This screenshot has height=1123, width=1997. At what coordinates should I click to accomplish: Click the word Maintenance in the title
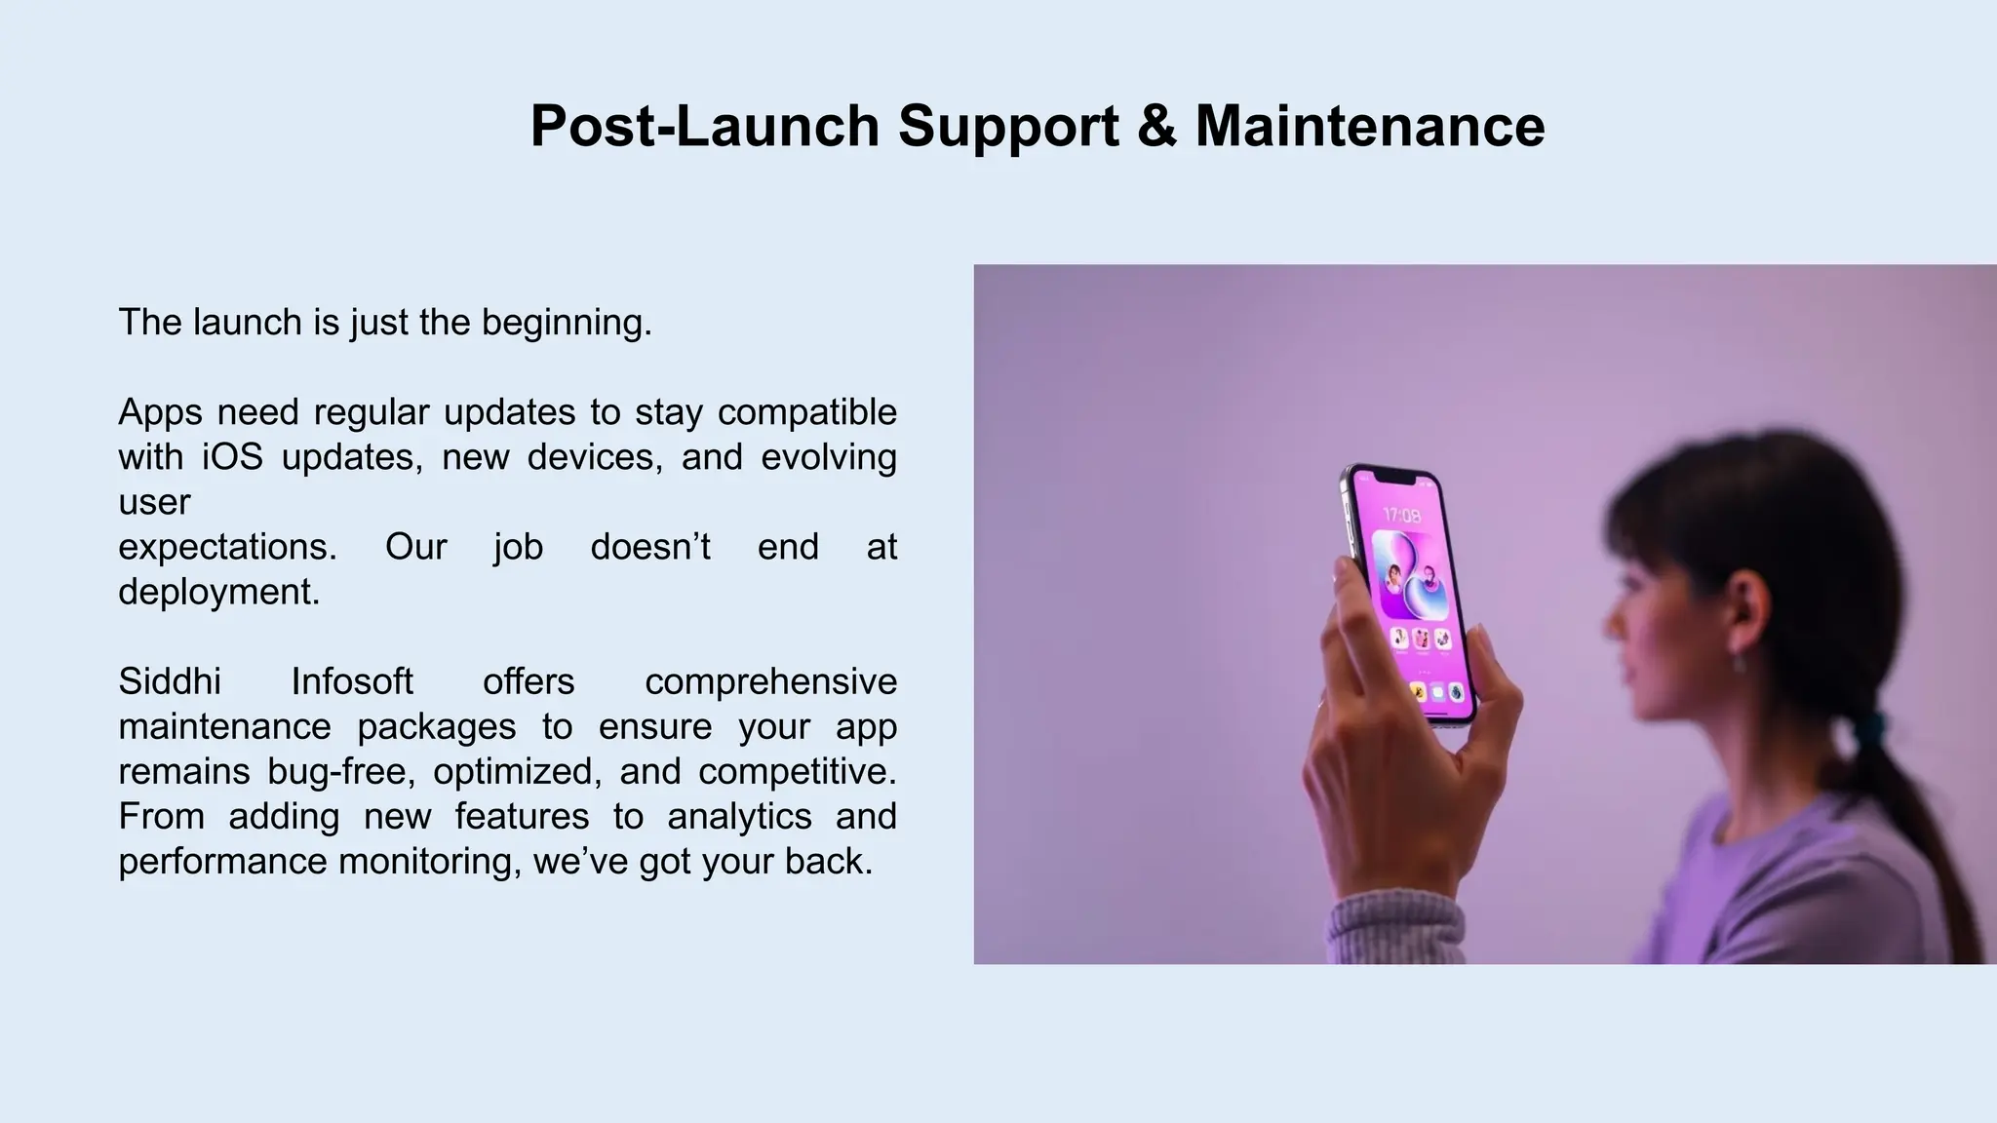click(x=1369, y=127)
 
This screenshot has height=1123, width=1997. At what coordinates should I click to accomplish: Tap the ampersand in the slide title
click(x=1156, y=127)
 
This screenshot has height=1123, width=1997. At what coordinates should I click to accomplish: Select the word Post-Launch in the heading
click(x=705, y=127)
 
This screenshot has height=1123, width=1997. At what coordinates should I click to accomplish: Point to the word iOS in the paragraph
click(x=232, y=457)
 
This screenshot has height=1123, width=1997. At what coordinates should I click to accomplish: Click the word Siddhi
click(x=170, y=681)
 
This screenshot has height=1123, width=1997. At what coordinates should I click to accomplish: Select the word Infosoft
click(x=352, y=681)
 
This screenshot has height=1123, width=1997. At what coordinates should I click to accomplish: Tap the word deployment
click(x=218, y=592)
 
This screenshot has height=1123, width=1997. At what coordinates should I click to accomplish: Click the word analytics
click(x=739, y=816)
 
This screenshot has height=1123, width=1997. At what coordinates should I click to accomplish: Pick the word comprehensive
click(x=770, y=681)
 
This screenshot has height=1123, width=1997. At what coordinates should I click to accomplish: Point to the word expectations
click(x=227, y=547)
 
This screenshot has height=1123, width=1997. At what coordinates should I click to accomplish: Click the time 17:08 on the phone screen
click(x=1402, y=515)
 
